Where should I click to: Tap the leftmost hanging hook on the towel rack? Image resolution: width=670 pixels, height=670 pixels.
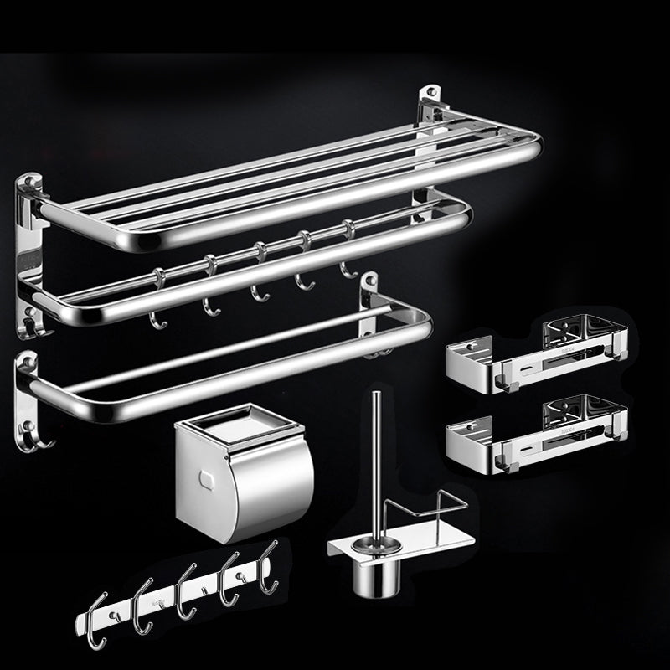click(x=155, y=301)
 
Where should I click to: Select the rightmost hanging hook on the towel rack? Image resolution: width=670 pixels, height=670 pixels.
click(x=345, y=251)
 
